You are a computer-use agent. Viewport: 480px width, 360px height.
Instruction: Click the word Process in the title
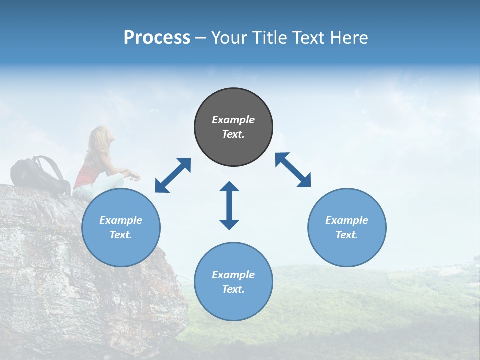point(157,38)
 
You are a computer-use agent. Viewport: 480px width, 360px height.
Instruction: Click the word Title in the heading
point(268,38)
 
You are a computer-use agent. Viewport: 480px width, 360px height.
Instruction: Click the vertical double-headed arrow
point(229,205)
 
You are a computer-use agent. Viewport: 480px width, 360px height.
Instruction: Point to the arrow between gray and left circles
point(173,175)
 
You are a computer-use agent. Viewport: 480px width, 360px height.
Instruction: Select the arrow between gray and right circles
point(293,170)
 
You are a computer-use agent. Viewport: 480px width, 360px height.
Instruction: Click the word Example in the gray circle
point(233,120)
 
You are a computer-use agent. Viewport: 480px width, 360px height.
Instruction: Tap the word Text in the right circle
point(346,235)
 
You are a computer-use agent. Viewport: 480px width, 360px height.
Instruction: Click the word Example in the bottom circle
point(233,274)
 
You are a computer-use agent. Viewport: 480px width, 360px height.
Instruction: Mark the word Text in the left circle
point(120,235)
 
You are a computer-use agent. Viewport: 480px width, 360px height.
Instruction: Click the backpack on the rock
point(40,175)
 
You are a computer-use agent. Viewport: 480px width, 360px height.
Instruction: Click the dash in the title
point(201,38)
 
